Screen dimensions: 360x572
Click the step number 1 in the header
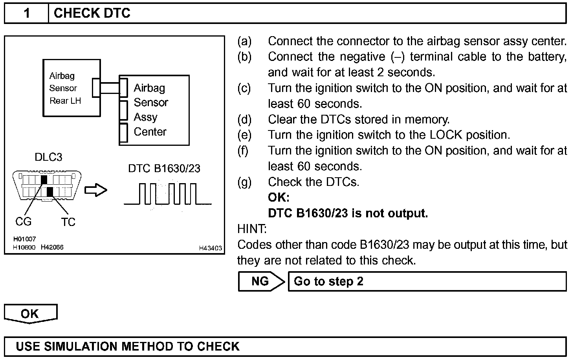[x=26, y=13]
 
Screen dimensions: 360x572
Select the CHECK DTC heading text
[x=92, y=13]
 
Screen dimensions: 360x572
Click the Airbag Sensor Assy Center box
[x=155, y=110]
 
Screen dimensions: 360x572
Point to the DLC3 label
[x=48, y=157]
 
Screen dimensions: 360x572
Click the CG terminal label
[x=23, y=222]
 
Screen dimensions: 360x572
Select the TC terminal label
[x=68, y=222]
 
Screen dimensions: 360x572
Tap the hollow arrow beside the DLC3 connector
[x=96, y=190]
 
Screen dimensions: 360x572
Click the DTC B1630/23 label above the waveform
[x=164, y=169]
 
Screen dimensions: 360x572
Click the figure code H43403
[x=210, y=248]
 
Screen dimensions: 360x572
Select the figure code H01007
[x=24, y=239]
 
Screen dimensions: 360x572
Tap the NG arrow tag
[x=261, y=281]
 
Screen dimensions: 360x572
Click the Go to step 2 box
[x=427, y=281]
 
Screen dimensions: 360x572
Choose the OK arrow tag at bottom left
[x=30, y=314]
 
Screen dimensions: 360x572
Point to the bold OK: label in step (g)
[x=279, y=197]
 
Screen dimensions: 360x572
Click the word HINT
[x=252, y=229]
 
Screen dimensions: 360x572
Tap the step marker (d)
[x=244, y=119]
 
